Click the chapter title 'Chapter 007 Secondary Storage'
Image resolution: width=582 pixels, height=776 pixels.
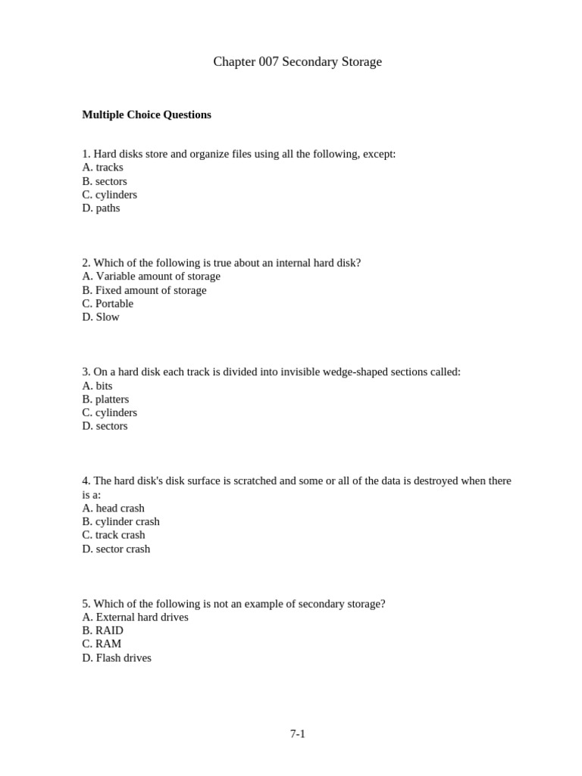point(297,62)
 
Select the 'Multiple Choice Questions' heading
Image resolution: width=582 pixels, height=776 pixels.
point(146,115)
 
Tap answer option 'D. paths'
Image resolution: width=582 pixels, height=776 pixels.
point(101,208)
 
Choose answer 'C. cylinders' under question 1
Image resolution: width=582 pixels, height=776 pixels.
point(110,195)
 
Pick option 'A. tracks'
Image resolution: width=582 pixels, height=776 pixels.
point(102,167)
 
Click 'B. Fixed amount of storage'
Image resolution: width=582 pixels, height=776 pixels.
point(144,290)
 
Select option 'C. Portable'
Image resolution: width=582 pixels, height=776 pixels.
point(108,304)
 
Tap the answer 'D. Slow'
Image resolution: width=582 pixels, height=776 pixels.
point(101,318)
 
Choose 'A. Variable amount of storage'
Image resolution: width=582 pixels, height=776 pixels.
point(151,277)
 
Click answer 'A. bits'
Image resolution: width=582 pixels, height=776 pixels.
point(97,386)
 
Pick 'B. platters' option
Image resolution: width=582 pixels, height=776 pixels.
point(105,399)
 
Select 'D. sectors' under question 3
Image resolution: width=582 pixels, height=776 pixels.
point(105,427)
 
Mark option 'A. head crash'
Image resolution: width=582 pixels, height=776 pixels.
point(113,508)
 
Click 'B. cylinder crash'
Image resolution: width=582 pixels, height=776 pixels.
point(120,522)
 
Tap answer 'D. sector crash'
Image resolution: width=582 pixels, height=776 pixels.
point(116,549)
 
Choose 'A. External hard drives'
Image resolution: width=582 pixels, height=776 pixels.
point(135,618)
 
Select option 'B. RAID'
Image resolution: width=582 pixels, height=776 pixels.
point(102,631)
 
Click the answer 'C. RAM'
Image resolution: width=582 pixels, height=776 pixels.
point(102,645)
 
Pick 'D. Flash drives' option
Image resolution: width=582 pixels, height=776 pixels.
point(117,659)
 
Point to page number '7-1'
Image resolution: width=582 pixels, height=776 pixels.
point(297,734)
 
